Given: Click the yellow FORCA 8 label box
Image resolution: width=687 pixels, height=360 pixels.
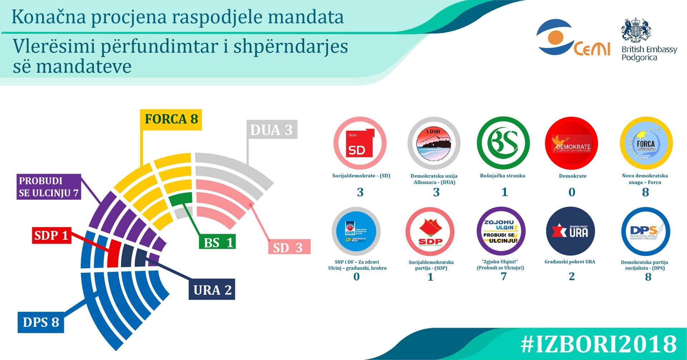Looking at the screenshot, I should point(171,120).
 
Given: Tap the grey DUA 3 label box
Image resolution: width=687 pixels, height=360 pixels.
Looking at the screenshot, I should point(272,130).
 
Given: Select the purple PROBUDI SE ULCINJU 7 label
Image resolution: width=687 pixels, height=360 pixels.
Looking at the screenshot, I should point(49,187).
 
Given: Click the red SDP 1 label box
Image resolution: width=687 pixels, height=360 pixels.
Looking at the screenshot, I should point(51,235).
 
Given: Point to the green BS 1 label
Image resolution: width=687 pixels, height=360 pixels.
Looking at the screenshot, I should point(218,243).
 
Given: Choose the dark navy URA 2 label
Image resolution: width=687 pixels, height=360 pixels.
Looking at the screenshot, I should point(212,290).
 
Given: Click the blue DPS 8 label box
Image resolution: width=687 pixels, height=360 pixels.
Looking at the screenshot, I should point(41,322).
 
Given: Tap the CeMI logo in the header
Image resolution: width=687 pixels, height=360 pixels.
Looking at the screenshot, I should point(572,39).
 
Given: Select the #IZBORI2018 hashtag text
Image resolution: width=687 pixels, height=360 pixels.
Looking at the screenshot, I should point(598,344).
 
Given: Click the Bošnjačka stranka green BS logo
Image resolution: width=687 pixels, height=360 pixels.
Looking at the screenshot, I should point(503,143).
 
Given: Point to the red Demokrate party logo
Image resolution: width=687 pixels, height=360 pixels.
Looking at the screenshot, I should point(571,143).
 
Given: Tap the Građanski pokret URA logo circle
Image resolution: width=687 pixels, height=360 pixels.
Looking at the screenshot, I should point(571,231).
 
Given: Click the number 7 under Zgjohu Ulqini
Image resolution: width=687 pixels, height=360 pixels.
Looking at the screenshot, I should point(503,276).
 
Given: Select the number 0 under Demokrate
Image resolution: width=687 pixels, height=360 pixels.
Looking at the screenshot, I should point(572,192).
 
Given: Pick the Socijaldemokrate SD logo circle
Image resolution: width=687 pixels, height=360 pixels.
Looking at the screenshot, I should point(360,143).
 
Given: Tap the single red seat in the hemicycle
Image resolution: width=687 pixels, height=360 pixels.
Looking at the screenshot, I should point(113,253).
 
